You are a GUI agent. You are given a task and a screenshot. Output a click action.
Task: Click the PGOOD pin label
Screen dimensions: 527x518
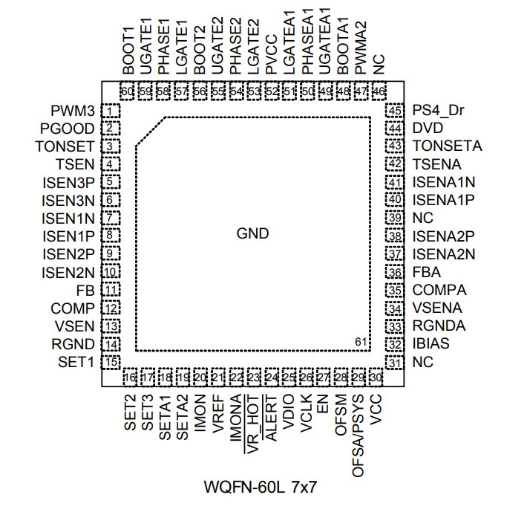click(68, 129)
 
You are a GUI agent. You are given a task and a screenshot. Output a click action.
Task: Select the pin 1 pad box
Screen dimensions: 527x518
click(111, 111)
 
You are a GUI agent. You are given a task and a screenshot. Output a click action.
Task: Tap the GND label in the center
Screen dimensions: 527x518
click(253, 233)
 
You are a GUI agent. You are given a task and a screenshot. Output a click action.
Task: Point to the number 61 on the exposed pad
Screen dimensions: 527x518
click(360, 342)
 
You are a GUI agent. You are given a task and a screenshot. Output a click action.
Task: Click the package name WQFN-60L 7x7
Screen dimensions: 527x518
click(261, 487)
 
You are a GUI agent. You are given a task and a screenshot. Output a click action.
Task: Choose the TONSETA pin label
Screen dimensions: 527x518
click(447, 146)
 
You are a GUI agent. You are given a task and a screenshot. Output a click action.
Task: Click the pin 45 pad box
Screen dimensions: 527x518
click(395, 111)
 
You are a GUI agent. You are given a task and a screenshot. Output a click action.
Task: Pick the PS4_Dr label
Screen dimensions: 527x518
click(438, 111)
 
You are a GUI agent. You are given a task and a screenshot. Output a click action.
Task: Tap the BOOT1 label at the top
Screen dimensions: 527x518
click(128, 51)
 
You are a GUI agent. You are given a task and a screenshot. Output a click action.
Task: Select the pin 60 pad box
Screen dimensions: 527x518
click(127, 91)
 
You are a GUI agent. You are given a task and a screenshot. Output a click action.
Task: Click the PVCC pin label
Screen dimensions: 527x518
click(271, 54)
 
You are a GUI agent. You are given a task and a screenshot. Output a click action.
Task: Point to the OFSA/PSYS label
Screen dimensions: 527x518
click(358, 436)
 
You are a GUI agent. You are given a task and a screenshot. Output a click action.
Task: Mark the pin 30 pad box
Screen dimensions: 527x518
click(376, 378)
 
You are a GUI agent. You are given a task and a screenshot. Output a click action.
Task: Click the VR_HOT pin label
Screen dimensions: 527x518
click(253, 424)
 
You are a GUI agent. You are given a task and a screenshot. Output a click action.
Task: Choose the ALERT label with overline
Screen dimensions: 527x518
click(270, 418)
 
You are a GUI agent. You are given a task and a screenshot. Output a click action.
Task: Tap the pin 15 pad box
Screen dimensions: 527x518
click(111, 362)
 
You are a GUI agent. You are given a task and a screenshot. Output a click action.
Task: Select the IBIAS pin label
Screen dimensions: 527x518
click(431, 343)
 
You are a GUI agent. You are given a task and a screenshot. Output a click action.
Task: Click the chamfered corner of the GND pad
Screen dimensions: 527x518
click(150, 132)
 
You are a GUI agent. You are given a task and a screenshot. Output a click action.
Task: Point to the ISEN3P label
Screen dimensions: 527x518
click(68, 183)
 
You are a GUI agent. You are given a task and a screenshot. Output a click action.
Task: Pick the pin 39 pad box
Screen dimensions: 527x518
click(395, 218)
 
